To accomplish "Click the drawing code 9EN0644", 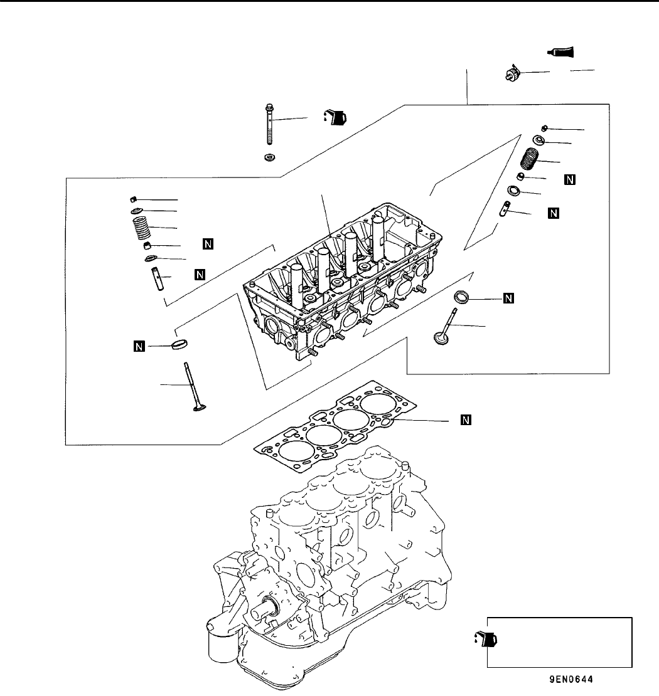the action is tap(571, 679).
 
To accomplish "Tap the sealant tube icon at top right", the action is tap(560, 52).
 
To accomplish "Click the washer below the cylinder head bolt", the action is tap(269, 157).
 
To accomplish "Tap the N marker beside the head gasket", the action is tap(466, 420).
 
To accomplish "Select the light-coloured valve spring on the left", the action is tap(142, 227).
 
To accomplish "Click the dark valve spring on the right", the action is tap(529, 159).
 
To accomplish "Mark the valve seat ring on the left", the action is tap(179, 344).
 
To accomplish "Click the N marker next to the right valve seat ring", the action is tap(508, 298).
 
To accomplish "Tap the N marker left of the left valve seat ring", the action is tap(139, 346).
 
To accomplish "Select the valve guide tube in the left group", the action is tap(158, 279).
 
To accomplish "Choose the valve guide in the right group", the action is tap(505, 209).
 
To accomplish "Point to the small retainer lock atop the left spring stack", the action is tap(133, 199).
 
